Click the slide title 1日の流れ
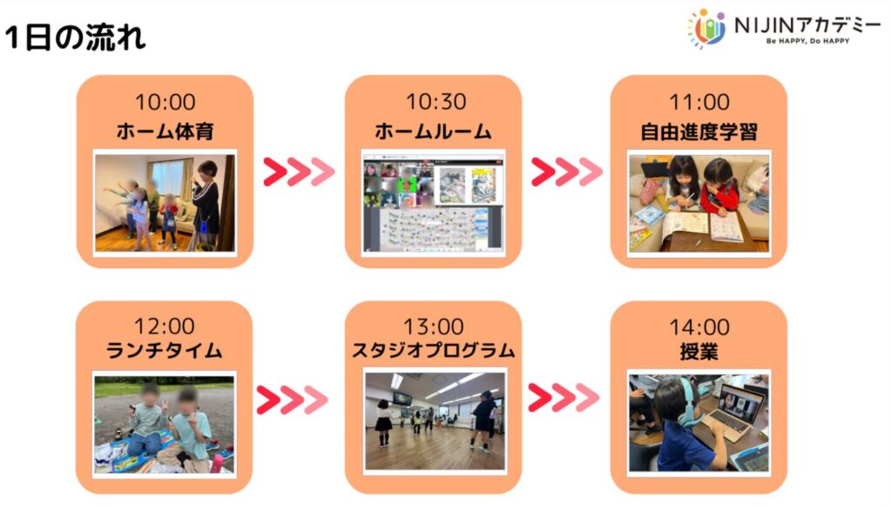tap(75, 38)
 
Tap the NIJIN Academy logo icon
tap(707, 28)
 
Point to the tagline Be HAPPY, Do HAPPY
tap(808, 41)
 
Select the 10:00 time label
tap(165, 103)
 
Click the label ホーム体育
tap(165, 132)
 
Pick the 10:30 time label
tap(436, 102)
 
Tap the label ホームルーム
tap(433, 132)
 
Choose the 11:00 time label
tap(699, 103)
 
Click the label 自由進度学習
tap(699, 132)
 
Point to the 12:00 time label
tap(164, 327)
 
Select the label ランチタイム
tap(164, 350)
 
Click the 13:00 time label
tap(434, 327)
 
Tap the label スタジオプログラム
tap(434, 350)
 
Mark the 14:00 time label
tap(699, 327)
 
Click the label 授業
tap(699, 352)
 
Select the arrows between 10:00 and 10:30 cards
tap(299, 172)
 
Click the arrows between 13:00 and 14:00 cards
tap(564, 397)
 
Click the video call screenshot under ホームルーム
tap(434, 203)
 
